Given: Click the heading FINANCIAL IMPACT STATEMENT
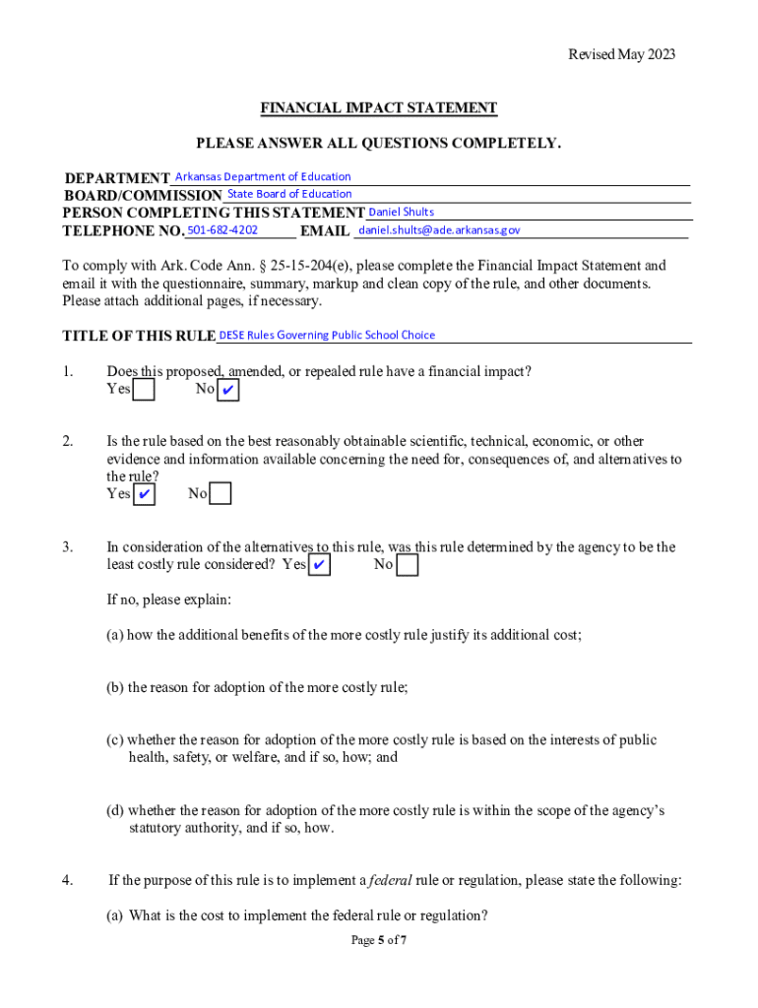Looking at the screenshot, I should (378, 108).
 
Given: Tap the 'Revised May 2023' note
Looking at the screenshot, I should (621, 55).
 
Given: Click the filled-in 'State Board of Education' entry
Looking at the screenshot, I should (289, 194).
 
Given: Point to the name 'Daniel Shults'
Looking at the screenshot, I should (401, 212).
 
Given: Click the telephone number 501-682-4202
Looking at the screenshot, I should (222, 229).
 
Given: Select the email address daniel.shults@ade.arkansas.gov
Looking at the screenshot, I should (439, 230).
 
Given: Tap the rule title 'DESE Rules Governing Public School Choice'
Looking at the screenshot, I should (327, 335).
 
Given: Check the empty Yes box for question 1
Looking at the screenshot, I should (144, 391).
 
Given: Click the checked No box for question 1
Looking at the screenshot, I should (228, 391).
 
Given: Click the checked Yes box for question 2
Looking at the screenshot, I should (144, 494).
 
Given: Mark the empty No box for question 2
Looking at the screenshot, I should (221, 494).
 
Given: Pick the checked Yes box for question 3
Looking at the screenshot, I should (320, 565).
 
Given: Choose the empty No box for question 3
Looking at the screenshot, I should (407, 565).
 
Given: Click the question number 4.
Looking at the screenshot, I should (68, 880).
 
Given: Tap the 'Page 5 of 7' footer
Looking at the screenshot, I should (379, 941).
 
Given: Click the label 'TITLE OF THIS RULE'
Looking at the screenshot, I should (139, 337).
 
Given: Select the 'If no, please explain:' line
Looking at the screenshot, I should (168, 599).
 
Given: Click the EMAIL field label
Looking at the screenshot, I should (325, 231).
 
